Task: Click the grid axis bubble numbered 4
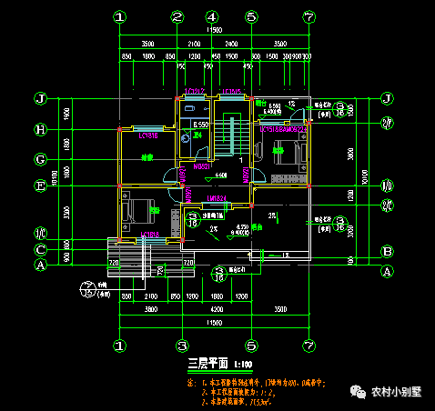tap(211, 17)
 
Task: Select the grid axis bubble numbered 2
tap(177, 17)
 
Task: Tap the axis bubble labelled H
tap(40, 129)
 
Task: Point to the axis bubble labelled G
tap(40, 160)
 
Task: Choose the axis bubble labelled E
tap(40, 186)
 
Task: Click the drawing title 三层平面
tap(204, 365)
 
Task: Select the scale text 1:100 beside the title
tap(244, 366)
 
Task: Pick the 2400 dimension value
tap(231, 43)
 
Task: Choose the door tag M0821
tap(201, 166)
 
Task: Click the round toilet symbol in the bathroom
tap(187, 138)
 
